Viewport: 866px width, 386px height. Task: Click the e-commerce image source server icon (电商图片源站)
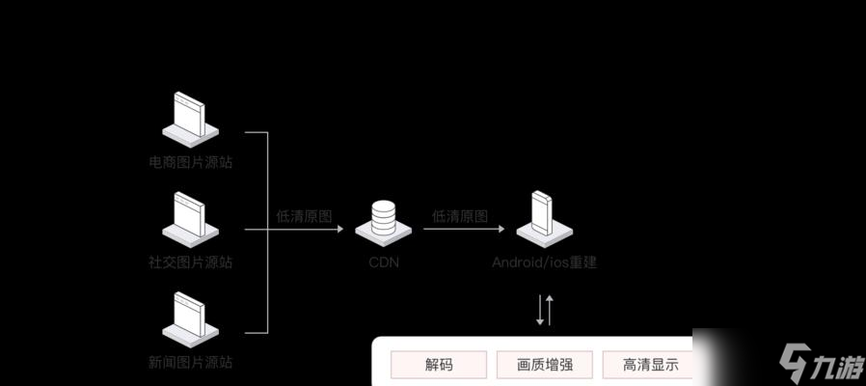pos(190,118)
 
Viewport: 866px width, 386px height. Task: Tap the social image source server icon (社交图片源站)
pos(190,219)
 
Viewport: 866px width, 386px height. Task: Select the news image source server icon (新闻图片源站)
pos(190,319)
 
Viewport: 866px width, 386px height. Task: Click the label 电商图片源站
pos(190,162)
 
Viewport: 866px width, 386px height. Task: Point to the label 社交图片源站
pos(190,262)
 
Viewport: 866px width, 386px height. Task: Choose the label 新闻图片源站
pos(190,363)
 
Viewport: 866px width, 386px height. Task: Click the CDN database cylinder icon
pos(383,220)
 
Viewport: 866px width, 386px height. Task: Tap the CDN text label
pos(383,262)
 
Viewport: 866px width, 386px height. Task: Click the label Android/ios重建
pos(545,262)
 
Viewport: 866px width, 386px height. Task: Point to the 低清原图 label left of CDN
pos(304,216)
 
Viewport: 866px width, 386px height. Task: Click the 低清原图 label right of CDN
pos(460,216)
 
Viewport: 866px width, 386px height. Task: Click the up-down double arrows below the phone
pos(545,310)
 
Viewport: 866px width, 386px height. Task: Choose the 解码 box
pos(439,365)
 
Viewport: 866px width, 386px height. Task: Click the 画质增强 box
pos(545,365)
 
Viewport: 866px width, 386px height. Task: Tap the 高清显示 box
pos(649,365)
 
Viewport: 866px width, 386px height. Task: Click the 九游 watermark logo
pos(819,366)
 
